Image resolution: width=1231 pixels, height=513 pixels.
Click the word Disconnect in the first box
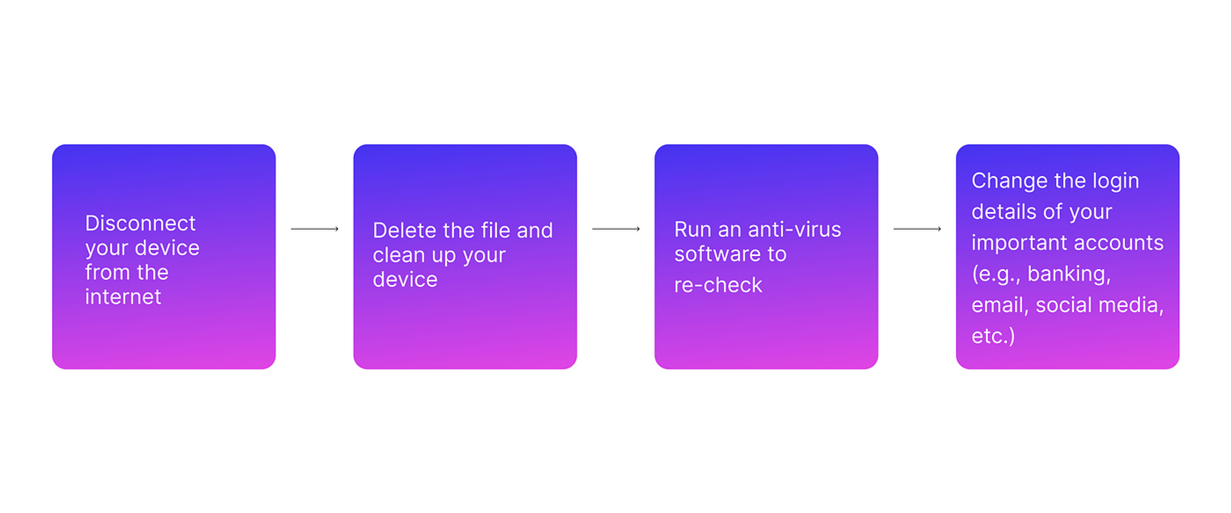coord(140,223)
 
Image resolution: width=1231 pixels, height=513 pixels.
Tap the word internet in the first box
coord(123,296)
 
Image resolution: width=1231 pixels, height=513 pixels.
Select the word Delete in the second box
coord(405,230)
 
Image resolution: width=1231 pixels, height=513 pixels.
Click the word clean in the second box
coord(399,255)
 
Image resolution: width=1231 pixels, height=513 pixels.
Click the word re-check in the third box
coord(718,285)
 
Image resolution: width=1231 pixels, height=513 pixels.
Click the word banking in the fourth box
coord(1069,274)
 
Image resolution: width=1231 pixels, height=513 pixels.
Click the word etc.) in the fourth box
coord(993,336)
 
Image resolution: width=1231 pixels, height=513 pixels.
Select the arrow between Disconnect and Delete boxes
coord(315,229)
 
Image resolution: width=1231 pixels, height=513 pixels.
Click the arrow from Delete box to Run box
coord(616,229)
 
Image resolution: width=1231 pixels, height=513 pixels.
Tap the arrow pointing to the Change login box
coord(917,229)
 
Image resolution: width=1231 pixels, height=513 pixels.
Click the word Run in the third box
coord(693,229)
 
